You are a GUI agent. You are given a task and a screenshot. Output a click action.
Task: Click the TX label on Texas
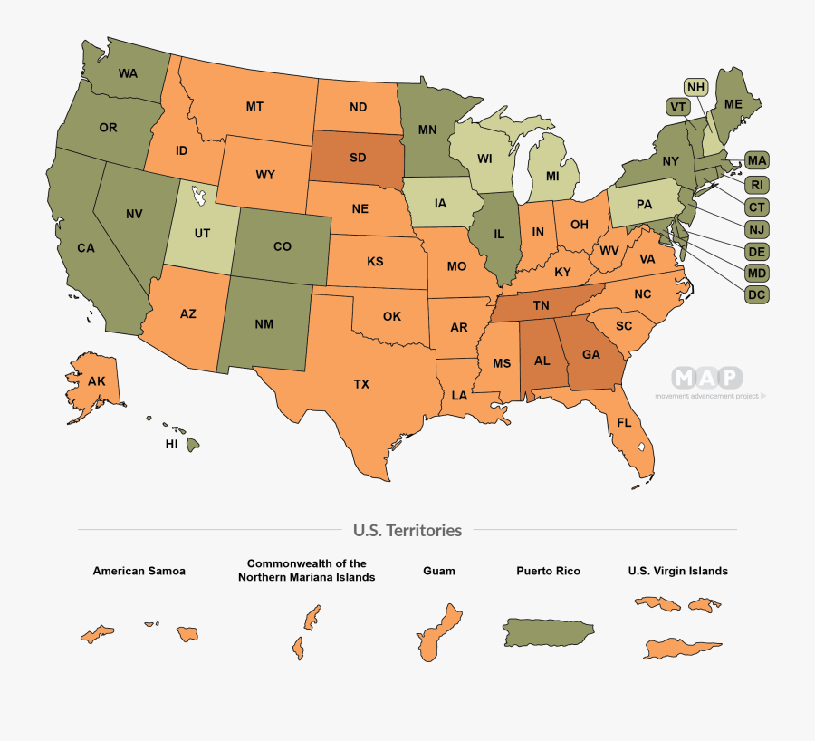[361, 384]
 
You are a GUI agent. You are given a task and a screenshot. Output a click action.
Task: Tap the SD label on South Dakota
[358, 157]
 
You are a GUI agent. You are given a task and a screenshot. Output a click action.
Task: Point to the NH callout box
[695, 88]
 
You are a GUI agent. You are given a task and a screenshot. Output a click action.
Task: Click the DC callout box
[757, 294]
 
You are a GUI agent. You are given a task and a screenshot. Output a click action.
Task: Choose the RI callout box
[757, 185]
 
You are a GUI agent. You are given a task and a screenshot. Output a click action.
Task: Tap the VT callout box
[676, 107]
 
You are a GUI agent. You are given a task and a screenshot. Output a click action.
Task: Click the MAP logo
[706, 377]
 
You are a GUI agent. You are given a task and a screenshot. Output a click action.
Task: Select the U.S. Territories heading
[407, 530]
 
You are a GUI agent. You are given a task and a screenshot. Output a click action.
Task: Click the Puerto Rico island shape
[548, 631]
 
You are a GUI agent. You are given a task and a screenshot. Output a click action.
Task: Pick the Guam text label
[439, 572]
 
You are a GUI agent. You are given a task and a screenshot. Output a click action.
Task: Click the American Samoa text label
[139, 572]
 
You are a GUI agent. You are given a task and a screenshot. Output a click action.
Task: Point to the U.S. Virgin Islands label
[677, 572]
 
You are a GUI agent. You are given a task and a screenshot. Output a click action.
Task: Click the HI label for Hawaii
[171, 446]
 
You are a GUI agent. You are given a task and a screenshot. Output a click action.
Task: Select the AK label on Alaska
[97, 381]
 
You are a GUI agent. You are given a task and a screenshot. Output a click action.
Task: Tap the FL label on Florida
[624, 423]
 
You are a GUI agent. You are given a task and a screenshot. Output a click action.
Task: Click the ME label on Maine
[733, 104]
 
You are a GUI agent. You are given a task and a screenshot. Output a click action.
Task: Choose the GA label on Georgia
[590, 354]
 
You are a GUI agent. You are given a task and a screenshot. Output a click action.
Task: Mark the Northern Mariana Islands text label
[307, 570]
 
